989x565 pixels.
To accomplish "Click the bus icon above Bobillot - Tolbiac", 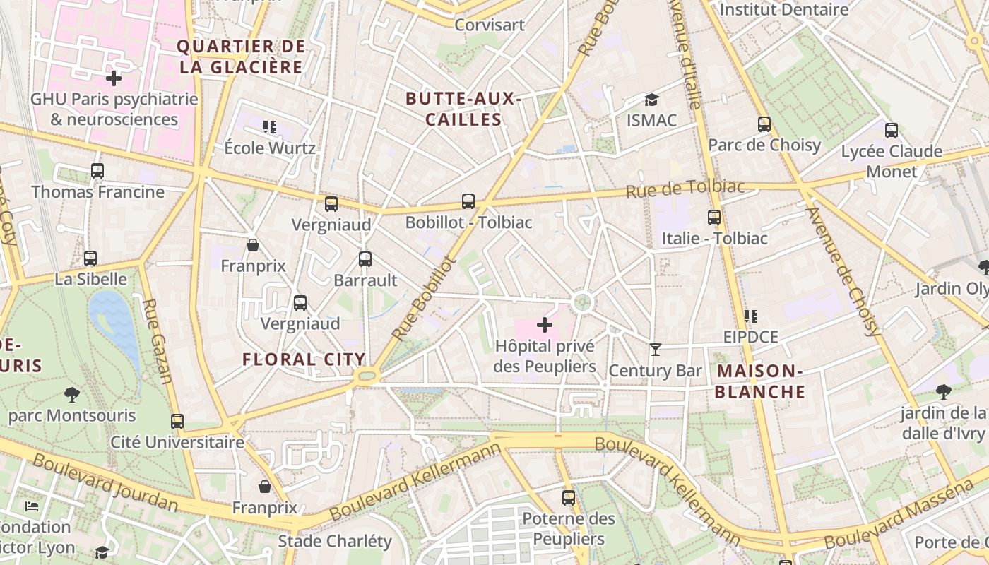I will click(468, 201).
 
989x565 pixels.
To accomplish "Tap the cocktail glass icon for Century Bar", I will click(656, 349).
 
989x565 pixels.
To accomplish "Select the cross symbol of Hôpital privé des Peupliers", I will click(545, 325).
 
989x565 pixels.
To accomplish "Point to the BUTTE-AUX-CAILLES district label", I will click(463, 109).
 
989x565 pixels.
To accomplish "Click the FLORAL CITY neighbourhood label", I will click(304, 359).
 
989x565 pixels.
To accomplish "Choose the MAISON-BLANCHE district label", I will click(760, 381).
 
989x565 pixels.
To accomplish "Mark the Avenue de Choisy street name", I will click(844, 272).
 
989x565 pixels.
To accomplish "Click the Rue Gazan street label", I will click(157, 341).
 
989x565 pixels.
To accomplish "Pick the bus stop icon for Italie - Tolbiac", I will click(714, 218).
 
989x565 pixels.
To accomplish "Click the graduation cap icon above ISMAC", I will click(651, 100).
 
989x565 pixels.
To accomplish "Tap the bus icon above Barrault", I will click(365, 259).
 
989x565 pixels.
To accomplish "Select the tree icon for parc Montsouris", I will click(71, 394).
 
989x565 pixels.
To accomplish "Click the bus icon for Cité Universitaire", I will click(177, 422).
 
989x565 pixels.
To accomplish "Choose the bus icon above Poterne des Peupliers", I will click(569, 498).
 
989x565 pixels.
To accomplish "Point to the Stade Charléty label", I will click(335, 541).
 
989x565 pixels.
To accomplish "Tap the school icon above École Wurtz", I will click(269, 127).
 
